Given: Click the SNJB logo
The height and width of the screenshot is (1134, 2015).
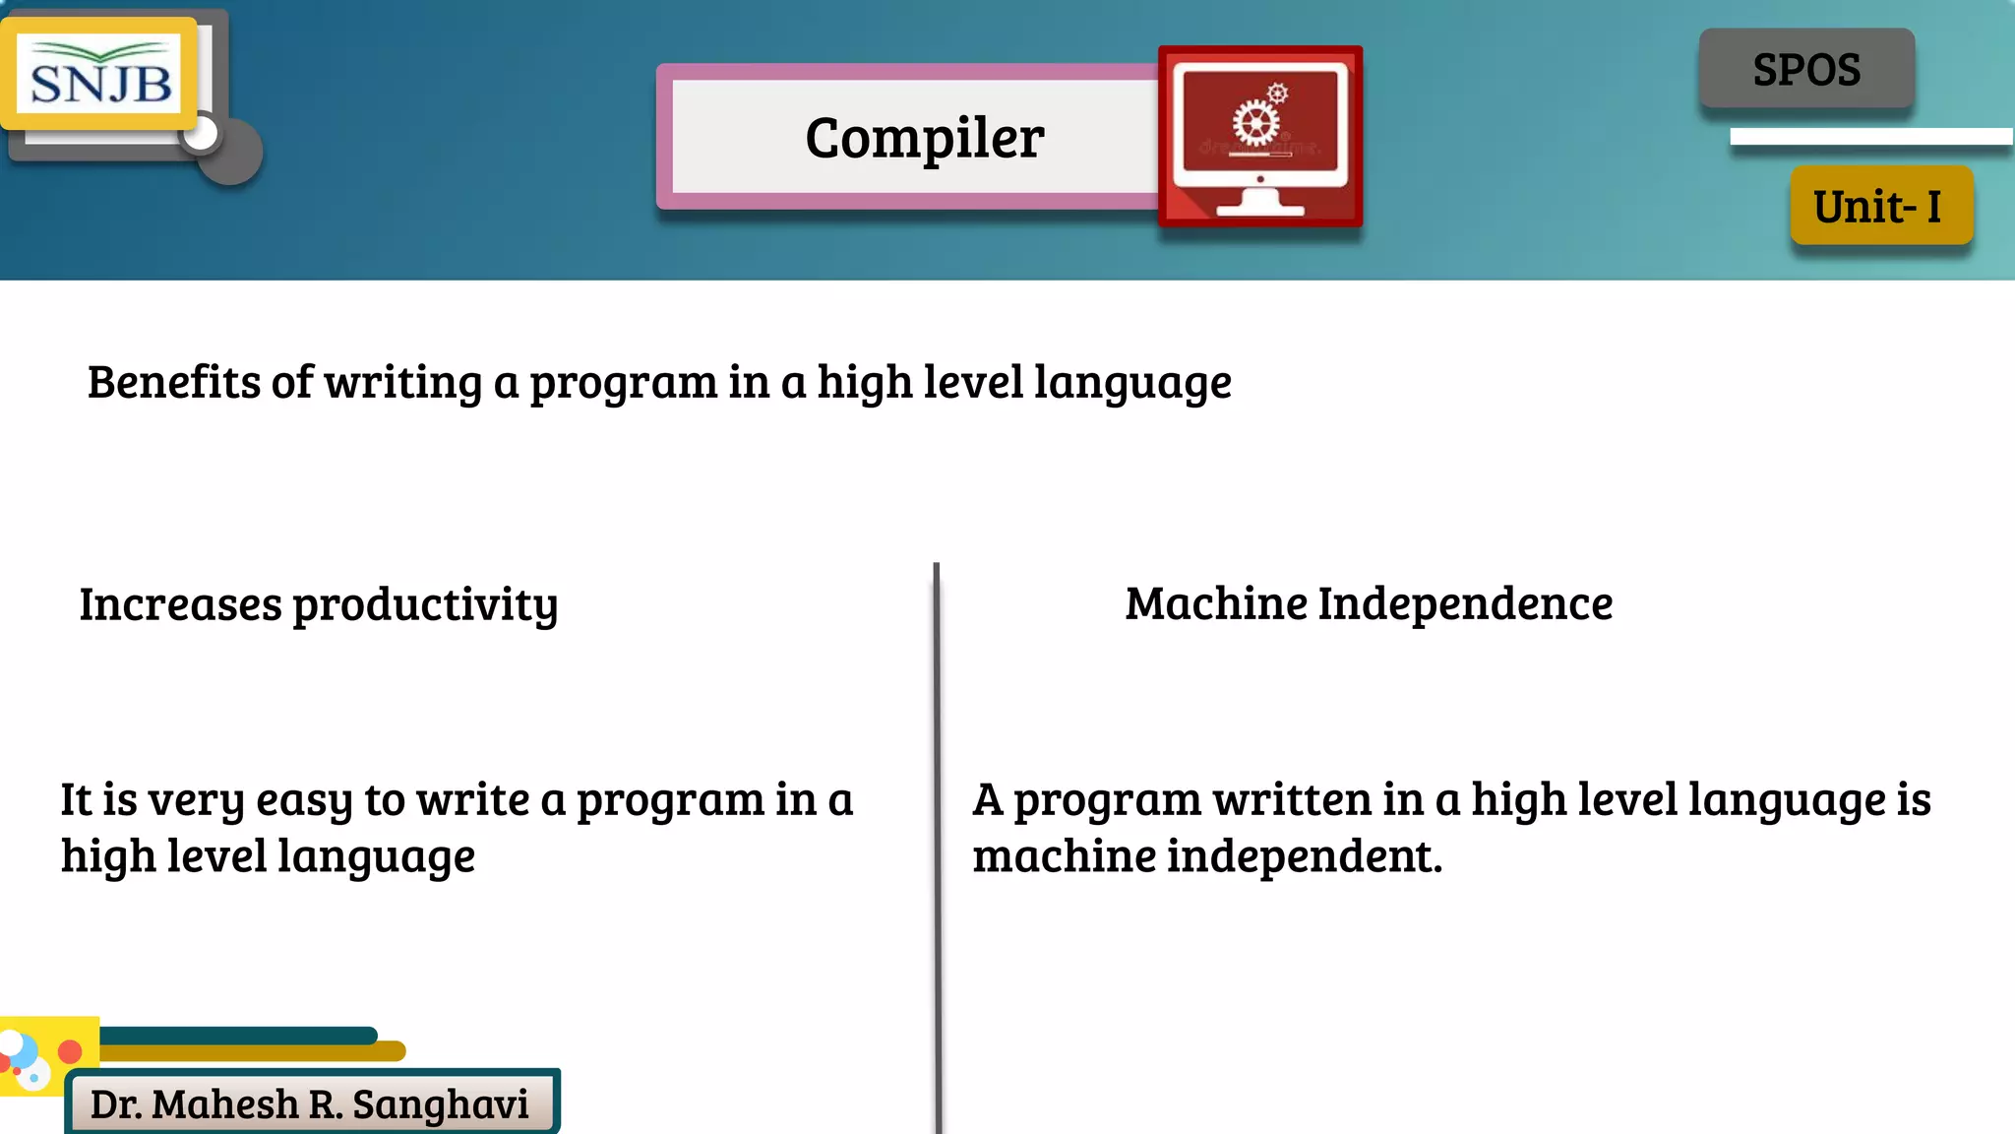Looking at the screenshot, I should tap(100, 74).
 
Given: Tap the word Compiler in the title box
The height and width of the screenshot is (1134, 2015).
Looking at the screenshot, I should tap(924, 138).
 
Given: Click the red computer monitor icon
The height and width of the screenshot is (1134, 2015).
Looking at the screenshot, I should tap(1260, 136).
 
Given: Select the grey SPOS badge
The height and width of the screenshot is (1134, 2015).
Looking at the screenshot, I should tap(1806, 70).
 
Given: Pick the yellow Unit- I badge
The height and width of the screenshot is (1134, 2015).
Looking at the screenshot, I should tap(1880, 206).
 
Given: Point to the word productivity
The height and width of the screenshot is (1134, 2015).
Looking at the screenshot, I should tap(425, 604).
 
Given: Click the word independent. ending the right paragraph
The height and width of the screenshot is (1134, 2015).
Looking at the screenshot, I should tap(1305, 856).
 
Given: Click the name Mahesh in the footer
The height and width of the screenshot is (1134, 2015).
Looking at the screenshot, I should tap(224, 1104).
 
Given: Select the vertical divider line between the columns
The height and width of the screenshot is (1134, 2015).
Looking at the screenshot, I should tap(938, 847).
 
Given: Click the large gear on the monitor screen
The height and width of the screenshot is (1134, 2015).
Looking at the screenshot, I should tap(1256, 124).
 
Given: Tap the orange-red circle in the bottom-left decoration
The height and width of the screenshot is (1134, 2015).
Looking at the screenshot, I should tap(70, 1051).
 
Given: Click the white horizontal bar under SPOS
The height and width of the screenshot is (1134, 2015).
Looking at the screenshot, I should tap(1870, 137).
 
